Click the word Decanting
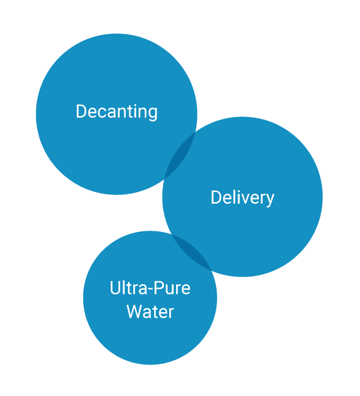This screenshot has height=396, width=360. point(117,112)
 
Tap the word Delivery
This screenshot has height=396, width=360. point(242,197)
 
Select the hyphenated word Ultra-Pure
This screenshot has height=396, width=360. point(150,288)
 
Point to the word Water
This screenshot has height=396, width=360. point(150,312)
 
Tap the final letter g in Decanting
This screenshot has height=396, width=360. point(153,114)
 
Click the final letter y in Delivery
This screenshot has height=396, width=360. point(270,199)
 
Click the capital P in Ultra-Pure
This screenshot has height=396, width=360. point(159,288)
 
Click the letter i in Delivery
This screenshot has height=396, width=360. point(240,197)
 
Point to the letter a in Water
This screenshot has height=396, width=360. point(147,313)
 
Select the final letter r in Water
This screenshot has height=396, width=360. point(171,313)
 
